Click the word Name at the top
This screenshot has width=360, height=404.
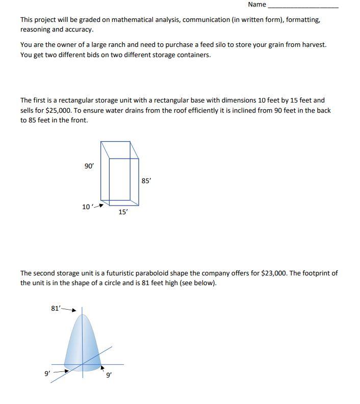pyautogui.click(x=257, y=5)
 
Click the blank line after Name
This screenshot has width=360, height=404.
pyautogui.click(x=303, y=6)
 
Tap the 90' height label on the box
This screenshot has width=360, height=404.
pyautogui.click(x=89, y=166)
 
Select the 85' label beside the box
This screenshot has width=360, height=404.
pyautogui.click(x=146, y=181)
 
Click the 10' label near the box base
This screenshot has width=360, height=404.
pyautogui.click(x=86, y=207)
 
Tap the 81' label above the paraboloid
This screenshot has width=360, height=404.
pyautogui.click(x=56, y=308)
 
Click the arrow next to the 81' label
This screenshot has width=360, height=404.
pyautogui.click(x=70, y=309)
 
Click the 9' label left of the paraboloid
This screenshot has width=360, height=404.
pyautogui.click(x=47, y=373)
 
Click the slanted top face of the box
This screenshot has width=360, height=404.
pyautogui.click(x=120, y=151)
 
